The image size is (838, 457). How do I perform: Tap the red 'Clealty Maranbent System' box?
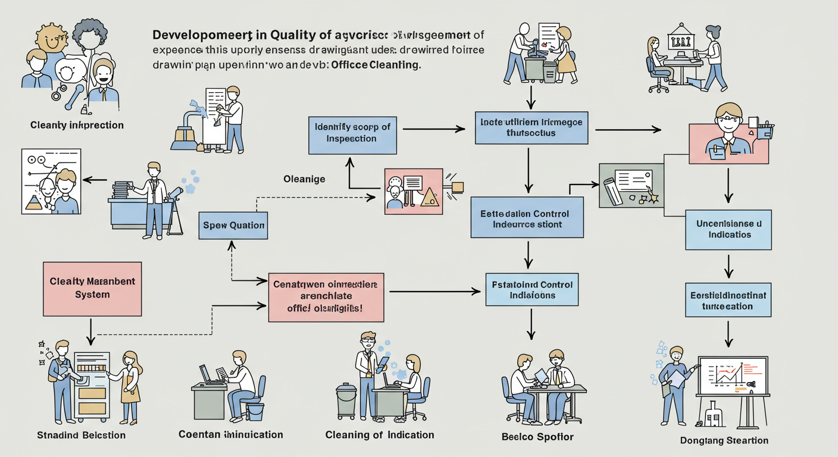pyautogui.click(x=92, y=289)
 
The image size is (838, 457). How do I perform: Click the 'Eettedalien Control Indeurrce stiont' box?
pyautogui.click(x=527, y=219)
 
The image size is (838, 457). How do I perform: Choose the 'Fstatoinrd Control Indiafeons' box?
pyautogui.click(x=531, y=290)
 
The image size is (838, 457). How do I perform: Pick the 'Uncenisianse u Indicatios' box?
pyautogui.click(x=728, y=229)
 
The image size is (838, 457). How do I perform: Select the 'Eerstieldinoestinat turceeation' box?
pyautogui.click(x=728, y=301)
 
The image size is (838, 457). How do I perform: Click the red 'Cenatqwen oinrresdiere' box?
pyautogui.click(x=326, y=297)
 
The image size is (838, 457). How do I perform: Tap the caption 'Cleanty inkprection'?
pyautogui.click(x=77, y=125)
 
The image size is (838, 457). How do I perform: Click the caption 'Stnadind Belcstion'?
pyautogui.click(x=82, y=435)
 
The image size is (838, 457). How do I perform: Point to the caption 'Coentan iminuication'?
pyautogui.click(x=230, y=434)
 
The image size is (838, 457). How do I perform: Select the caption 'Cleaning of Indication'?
pyautogui.click(x=379, y=435)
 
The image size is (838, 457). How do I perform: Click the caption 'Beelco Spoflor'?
pyautogui.click(x=537, y=437)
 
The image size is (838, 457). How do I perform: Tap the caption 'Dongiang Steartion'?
pyautogui.click(x=724, y=440)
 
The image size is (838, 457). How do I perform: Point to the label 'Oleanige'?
pyautogui.click(x=304, y=179)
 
